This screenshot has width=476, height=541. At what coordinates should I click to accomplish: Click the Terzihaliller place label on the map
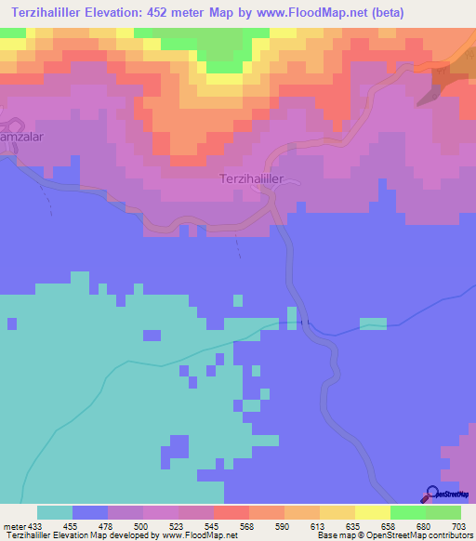pyautogui.click(x=258, y=178)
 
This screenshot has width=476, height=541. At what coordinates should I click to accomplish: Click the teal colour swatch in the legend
pyautogui.click(x=55, y=512)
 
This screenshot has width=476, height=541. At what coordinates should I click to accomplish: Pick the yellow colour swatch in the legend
pyautogui.click(x=373, y=512)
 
